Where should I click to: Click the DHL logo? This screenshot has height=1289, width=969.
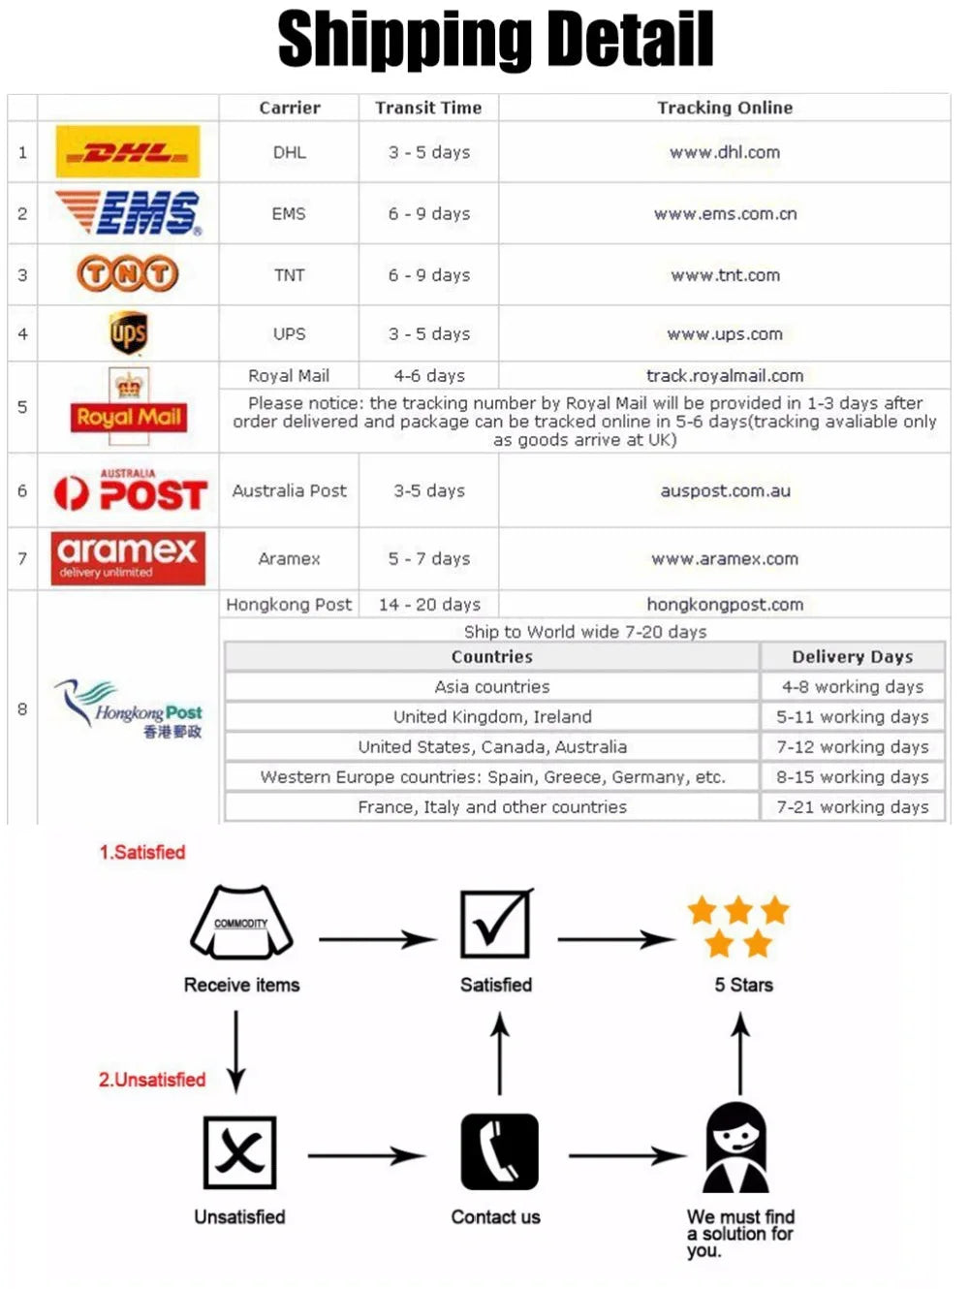click(x=128, y=151)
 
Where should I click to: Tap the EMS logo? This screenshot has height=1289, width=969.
click(x=129, y=213)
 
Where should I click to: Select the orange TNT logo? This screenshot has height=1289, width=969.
click(x=128, y=274)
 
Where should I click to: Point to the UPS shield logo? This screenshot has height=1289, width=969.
click(x=128, y=333)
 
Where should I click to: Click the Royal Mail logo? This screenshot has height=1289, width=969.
click(x=129, y=407)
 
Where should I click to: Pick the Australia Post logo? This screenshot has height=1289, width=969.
click(x=130, y=490)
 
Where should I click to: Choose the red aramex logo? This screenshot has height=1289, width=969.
click(x=128, y=558)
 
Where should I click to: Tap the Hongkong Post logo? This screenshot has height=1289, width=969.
click(x=129, y=708)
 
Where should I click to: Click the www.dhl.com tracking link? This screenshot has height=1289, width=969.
click(x=724, y=152)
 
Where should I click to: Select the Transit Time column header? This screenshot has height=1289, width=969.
click(x=428, y=108)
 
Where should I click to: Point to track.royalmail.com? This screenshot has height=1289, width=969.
click(x=724, y=375)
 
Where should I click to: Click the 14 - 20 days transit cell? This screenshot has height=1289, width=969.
click(x=428, y=604)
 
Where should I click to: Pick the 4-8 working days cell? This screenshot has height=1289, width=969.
click(x=852, y=686)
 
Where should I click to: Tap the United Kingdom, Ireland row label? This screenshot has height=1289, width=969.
click(x=491, y=716)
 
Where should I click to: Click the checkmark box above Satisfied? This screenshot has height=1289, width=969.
click(x=495, y=924)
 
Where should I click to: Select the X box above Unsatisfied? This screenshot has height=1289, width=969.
click(x=239, y=1152)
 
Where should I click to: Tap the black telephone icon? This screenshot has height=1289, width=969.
click(x=499, y=1151)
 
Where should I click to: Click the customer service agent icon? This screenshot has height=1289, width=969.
click(x=736, y=1148)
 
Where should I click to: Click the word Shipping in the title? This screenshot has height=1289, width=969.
click(x=403, y=41)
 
